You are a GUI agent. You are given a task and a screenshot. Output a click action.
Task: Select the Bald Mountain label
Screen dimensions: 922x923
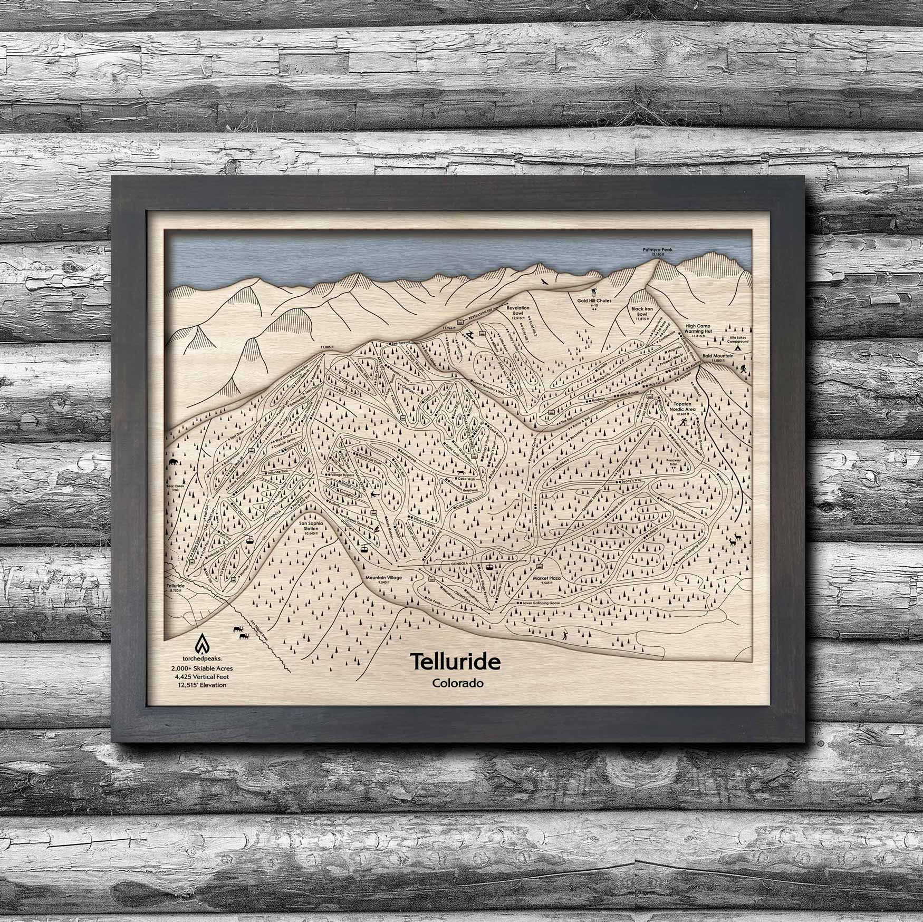(718, 356)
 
